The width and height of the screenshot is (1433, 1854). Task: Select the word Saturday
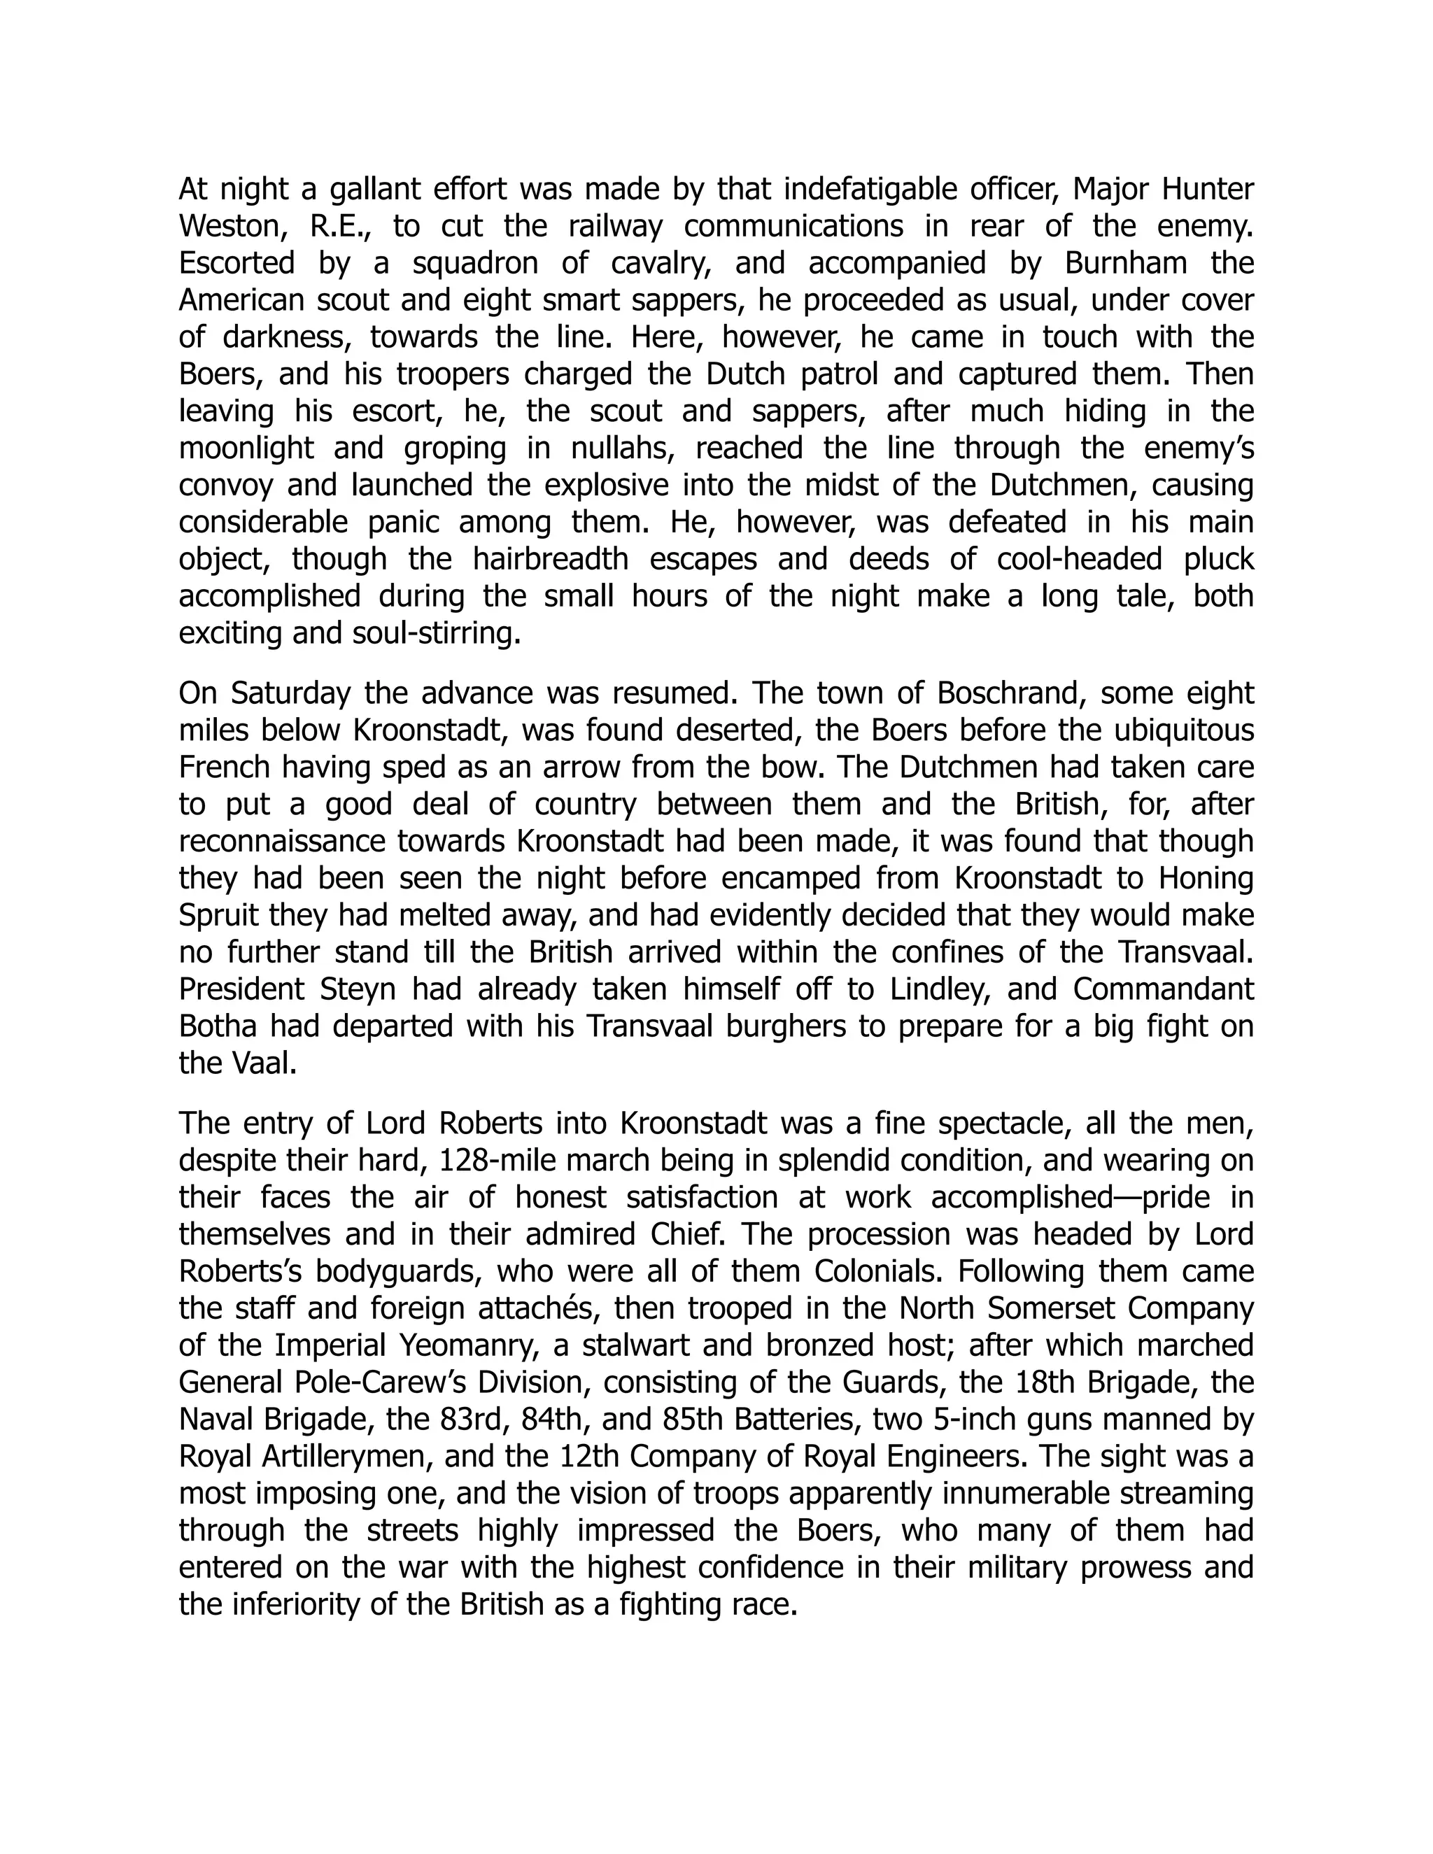click(x=290, y=693)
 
